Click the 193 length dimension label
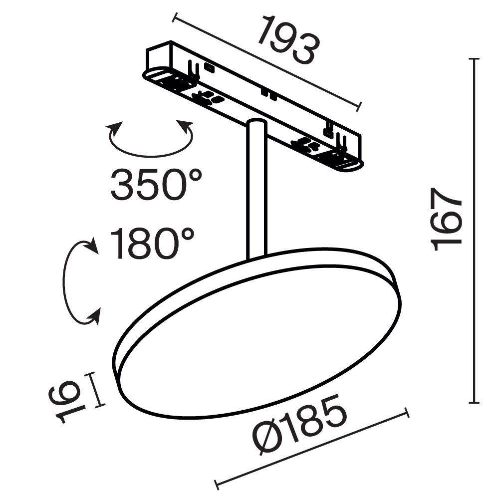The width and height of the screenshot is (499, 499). point(288,41)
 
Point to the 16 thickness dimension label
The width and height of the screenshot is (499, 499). point(63,401)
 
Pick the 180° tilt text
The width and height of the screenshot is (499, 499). point(152,244)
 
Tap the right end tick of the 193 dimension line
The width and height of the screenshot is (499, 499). point(359,105)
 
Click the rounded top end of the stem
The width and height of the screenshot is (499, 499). point(256,123)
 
